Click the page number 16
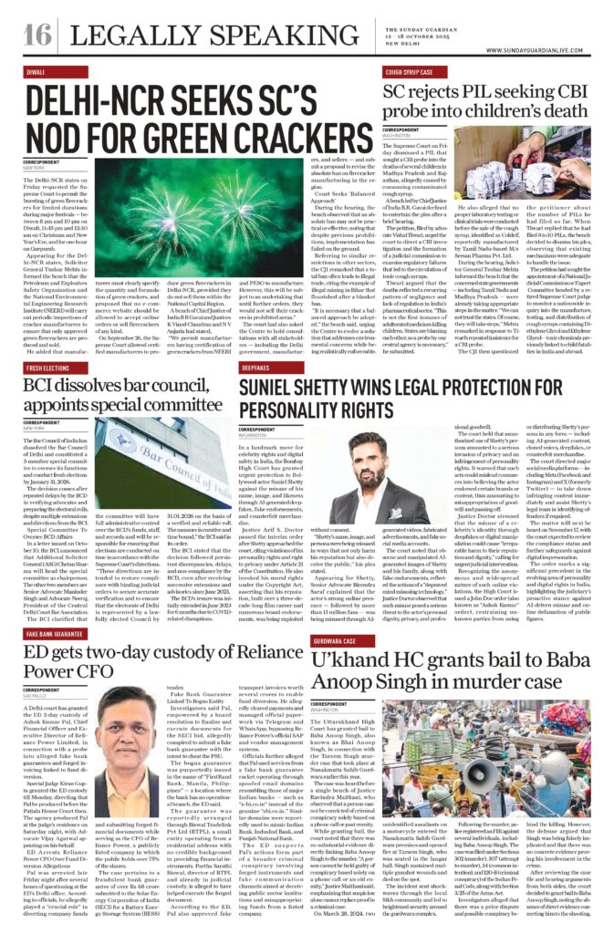(x=36, y=35)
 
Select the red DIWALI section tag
(x=36, y=70)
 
